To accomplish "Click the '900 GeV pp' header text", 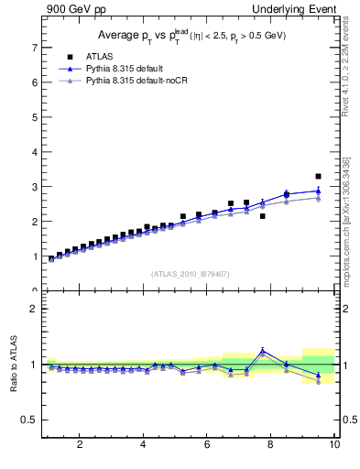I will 72,9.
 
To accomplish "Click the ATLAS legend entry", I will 99,56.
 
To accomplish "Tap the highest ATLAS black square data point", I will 318,176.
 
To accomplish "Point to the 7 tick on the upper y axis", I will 33,47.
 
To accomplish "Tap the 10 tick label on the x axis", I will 334,445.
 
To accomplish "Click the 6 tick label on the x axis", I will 207,445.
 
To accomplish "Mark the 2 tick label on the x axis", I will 80,445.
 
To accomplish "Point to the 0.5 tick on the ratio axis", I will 29,420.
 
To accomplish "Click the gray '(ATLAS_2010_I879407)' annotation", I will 190,273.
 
